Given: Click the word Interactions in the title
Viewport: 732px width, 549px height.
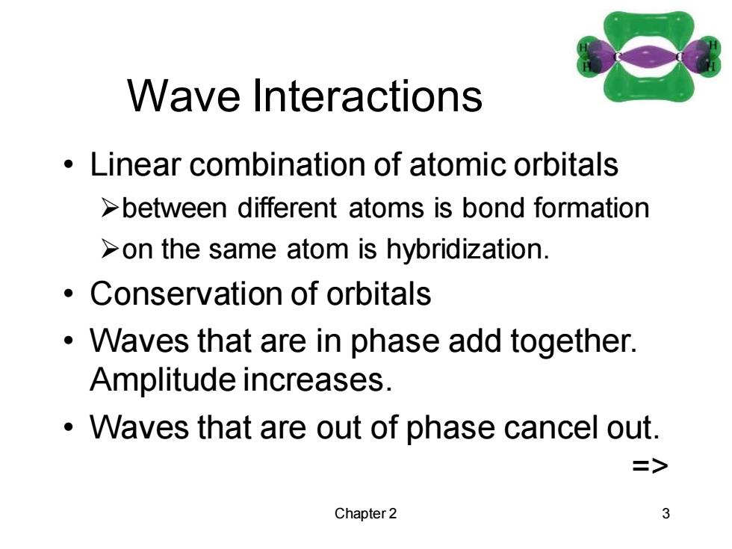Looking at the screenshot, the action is (367, 96).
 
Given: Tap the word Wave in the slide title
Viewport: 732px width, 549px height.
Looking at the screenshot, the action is (184, 96).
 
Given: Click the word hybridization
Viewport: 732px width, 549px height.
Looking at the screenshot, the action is (468, 249).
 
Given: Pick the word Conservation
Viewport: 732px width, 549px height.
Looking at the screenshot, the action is (186, 294).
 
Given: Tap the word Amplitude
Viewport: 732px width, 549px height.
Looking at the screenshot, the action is (163, 380).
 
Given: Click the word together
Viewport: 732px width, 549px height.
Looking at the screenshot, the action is (574, 341).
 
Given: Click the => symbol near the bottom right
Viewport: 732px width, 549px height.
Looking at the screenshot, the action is (651, 465).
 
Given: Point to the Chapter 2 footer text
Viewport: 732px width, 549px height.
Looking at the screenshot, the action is (365, 514).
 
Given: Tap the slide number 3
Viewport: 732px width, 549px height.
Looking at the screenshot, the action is (666, 514).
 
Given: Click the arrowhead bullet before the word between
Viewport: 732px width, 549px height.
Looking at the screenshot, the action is (110, 208).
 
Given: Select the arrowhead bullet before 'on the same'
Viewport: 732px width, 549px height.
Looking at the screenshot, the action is (110, 249).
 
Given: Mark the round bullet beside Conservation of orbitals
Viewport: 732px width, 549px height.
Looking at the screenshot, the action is (69, 294).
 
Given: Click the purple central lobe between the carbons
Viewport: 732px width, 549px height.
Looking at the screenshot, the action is (648, 58).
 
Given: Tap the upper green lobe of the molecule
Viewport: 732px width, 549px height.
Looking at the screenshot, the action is (648, 28).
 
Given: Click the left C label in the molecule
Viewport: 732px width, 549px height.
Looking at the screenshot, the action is (618, 57).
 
